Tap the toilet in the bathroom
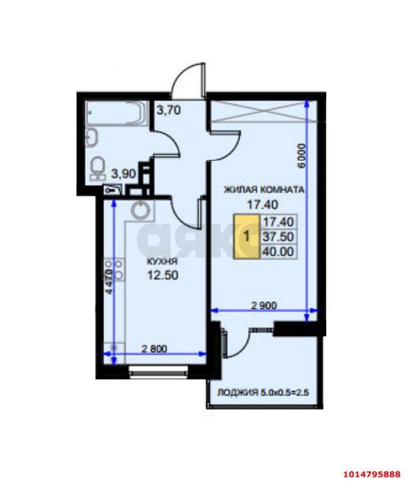click(x=98, y=167)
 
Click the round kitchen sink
click(x=140, y=210)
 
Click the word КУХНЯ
click(x=161, y=262)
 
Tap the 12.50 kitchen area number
click(x=163, y=274)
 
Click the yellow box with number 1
click(x=247, y=235)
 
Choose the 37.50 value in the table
click(x=278, y=236)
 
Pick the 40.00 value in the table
click(x=278, y=251)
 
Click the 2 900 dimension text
click(x=264, y=305)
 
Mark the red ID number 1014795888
click(x=371, y=474)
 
